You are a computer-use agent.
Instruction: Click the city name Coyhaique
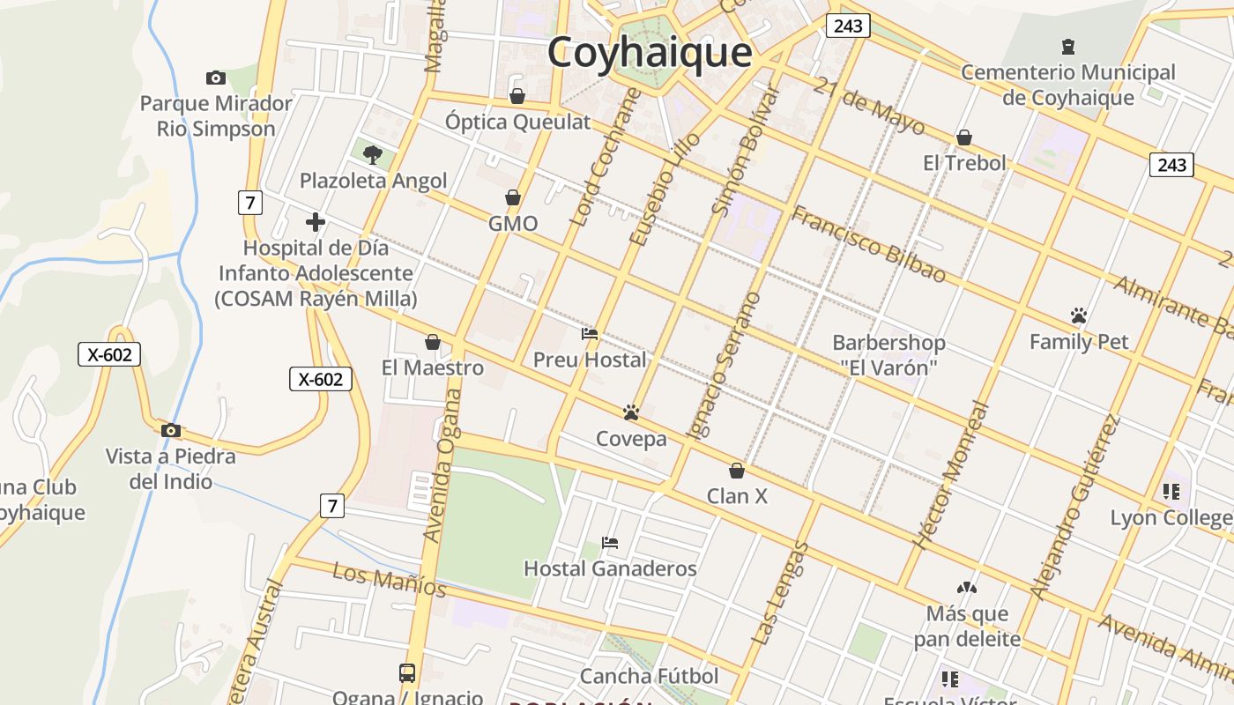[x=650, y=53]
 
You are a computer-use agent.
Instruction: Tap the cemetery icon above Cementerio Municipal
[x=1068, y=46]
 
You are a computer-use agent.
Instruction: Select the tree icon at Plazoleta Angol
[x=373, y=155]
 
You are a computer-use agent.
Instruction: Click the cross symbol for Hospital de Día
[x=315, y=222]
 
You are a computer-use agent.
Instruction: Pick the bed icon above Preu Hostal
[x=590, y=334]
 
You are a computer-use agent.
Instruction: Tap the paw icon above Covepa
[x=630, y=412]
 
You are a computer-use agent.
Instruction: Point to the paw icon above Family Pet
[x=1079, y=315]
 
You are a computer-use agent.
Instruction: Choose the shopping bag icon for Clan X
[x=737, y=471]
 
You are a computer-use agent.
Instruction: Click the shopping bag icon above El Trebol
[x=964, y=137]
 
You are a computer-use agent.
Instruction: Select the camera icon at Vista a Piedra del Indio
[x=171, y=430]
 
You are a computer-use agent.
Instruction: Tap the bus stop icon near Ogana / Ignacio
[x=407, y=673]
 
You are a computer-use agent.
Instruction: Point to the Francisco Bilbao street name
[x=868, y=244]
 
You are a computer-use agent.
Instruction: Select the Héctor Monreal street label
[x=952, y=476]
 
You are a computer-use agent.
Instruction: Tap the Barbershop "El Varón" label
[x=888, y=354]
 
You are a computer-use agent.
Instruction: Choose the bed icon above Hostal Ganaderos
[x=609, y=542]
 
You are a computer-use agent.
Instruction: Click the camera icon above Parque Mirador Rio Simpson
[x=215, y=78]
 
